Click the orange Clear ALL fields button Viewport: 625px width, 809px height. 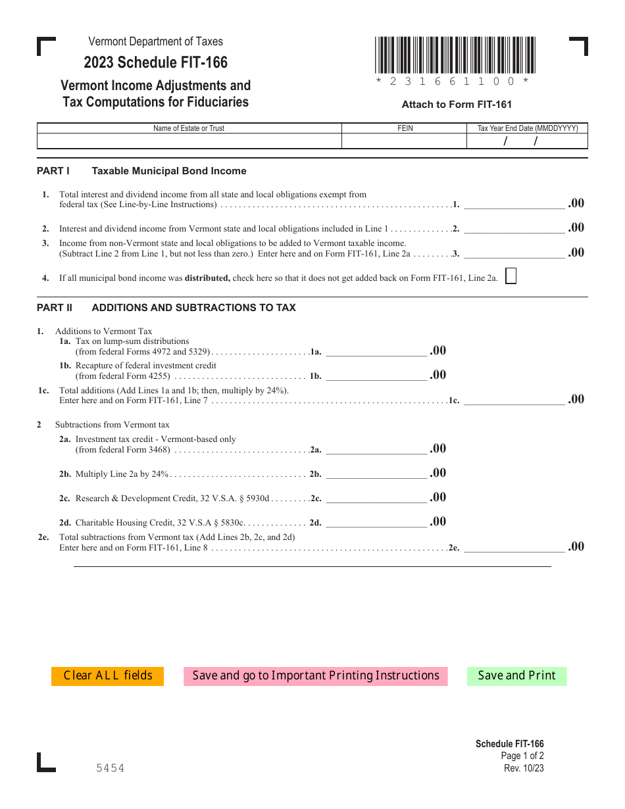pos(107,676)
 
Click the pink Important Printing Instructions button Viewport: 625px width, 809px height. pos(315,676)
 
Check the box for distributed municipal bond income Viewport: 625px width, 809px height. pos(511,276)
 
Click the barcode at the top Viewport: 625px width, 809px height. pos(455,55)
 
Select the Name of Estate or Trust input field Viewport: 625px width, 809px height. pos(189,141)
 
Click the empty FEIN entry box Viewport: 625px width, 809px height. pos(404,141)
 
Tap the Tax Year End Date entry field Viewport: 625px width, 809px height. pos(527,141)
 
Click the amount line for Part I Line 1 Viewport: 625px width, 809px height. pos(514,204)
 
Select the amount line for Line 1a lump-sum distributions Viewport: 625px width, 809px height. pos(376,351)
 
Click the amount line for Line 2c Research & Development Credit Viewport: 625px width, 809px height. pos(376,498)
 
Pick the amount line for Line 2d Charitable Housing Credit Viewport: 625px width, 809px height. pos(376,522)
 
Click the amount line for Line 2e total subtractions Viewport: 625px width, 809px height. pos(514,547)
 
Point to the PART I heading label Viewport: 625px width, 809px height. pos(53,171)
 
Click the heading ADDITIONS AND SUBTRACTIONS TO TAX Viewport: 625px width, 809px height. pos(193,308)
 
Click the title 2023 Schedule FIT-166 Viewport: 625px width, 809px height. pos(155,62)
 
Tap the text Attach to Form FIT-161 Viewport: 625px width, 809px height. pos(457,105)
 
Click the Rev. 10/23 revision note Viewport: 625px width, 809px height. pos(524,768)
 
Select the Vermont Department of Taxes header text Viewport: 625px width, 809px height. pos(155,41)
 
